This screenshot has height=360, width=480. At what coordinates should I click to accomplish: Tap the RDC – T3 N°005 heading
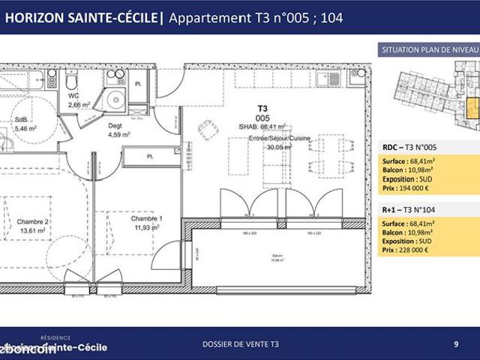point(413,147)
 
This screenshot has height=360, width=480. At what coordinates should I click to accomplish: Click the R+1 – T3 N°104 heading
point(413,210)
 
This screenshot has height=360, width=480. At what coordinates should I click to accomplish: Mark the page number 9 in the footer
point(456,344)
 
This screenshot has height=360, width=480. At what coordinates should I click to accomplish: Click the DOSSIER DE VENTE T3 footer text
point(240,344)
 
